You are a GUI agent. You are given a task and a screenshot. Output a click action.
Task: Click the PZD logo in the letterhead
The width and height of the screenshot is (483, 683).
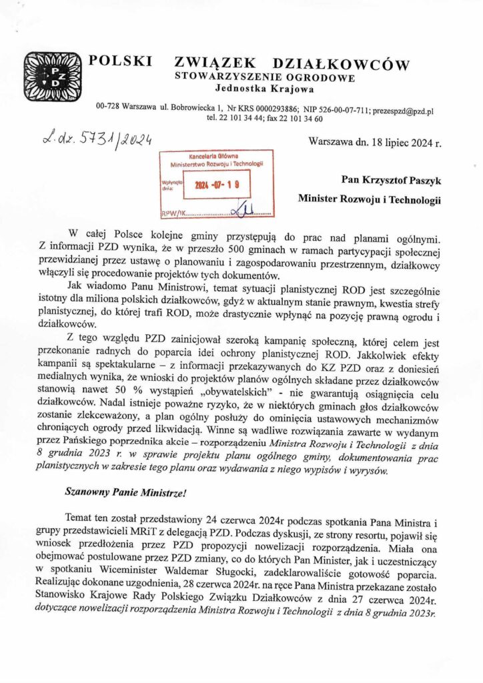coord(50,73)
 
